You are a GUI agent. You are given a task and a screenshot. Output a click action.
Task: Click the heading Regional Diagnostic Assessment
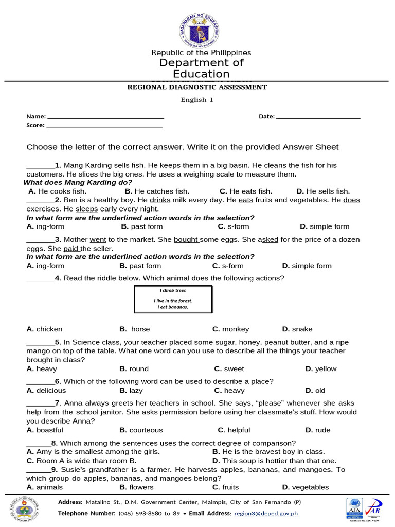(x=197, y=87)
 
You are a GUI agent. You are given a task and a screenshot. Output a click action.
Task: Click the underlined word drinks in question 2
(x=160, y=200)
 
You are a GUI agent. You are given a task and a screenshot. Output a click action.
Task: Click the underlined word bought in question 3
(x=186, y=240)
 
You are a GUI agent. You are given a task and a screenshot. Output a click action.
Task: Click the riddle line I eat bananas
(x=173, y=307)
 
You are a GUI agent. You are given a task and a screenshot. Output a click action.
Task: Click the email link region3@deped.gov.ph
(x=265, y=513)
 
